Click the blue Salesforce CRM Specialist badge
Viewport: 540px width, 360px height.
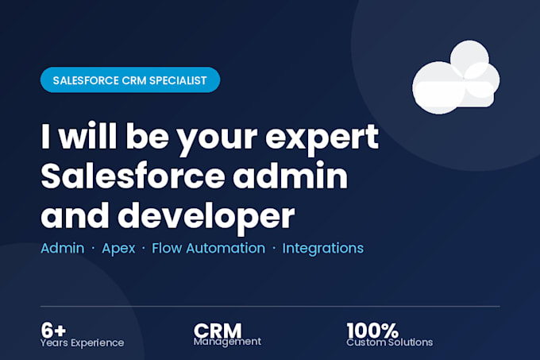point(130,80)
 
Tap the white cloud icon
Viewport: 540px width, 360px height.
point(456,78)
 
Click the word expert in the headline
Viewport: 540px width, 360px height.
point(322,137)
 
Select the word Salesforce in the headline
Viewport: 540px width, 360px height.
point(133,176)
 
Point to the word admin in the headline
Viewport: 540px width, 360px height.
point(291,176)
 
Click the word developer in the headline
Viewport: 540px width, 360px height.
point(206,215)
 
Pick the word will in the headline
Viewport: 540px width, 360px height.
point(88,135)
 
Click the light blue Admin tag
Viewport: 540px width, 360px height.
point(62,248)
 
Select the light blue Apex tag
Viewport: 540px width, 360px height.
point(118,249)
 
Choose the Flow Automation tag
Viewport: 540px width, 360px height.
point(208,248)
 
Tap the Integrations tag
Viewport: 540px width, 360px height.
point(322,249)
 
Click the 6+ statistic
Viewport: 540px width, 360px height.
point(53,330)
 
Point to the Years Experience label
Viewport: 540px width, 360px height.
point(82,343)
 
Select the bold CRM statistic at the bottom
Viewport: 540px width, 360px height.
point(218,331)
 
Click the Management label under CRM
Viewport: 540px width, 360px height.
point(227,342)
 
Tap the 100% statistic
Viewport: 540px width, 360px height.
point(372,331)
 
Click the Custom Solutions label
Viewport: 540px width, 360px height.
point(389,343)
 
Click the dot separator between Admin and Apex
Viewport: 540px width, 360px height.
point(93,249)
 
